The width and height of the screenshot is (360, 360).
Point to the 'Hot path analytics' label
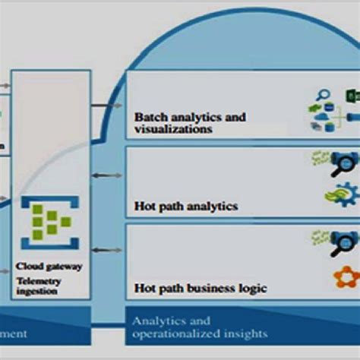point(186,206)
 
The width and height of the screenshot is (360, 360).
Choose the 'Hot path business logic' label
point(201,288)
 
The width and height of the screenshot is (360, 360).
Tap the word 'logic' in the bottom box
point(252,288)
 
